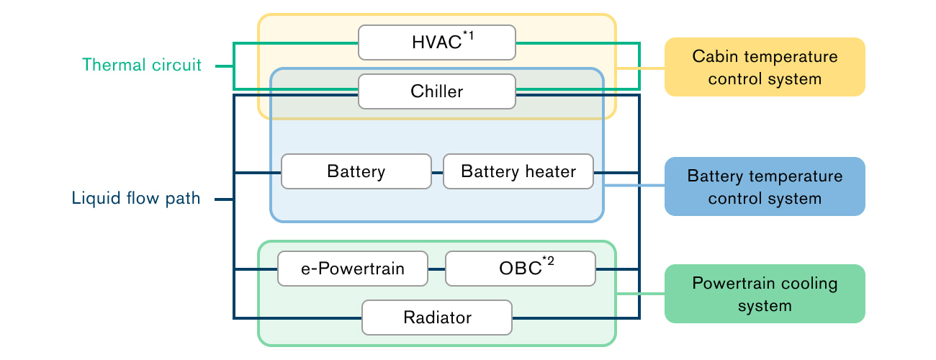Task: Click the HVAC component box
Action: pos(437,42)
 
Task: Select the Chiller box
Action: pos(437,91)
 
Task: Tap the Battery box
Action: pos(356,172)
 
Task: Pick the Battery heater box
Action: pos(518,172)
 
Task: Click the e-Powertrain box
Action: pos(353,269)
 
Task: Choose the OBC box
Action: pos(521,269)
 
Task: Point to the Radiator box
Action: pos(437,318)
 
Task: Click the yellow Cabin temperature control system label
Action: pos(764,67)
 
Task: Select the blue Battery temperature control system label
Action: pos(764,186)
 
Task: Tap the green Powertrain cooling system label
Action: pos(764,293)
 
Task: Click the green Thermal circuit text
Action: pos(142,66)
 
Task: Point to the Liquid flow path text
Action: pos(136,199)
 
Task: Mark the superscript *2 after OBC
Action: pos(548,261)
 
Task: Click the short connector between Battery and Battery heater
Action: pos(437,173)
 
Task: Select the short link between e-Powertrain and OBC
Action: pos(437,269)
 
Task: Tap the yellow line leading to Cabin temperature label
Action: pos(641,68)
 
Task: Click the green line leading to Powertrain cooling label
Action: pos(641,294)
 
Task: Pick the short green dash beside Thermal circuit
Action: pos(223,66)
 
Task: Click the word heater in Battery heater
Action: pos(551,172)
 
